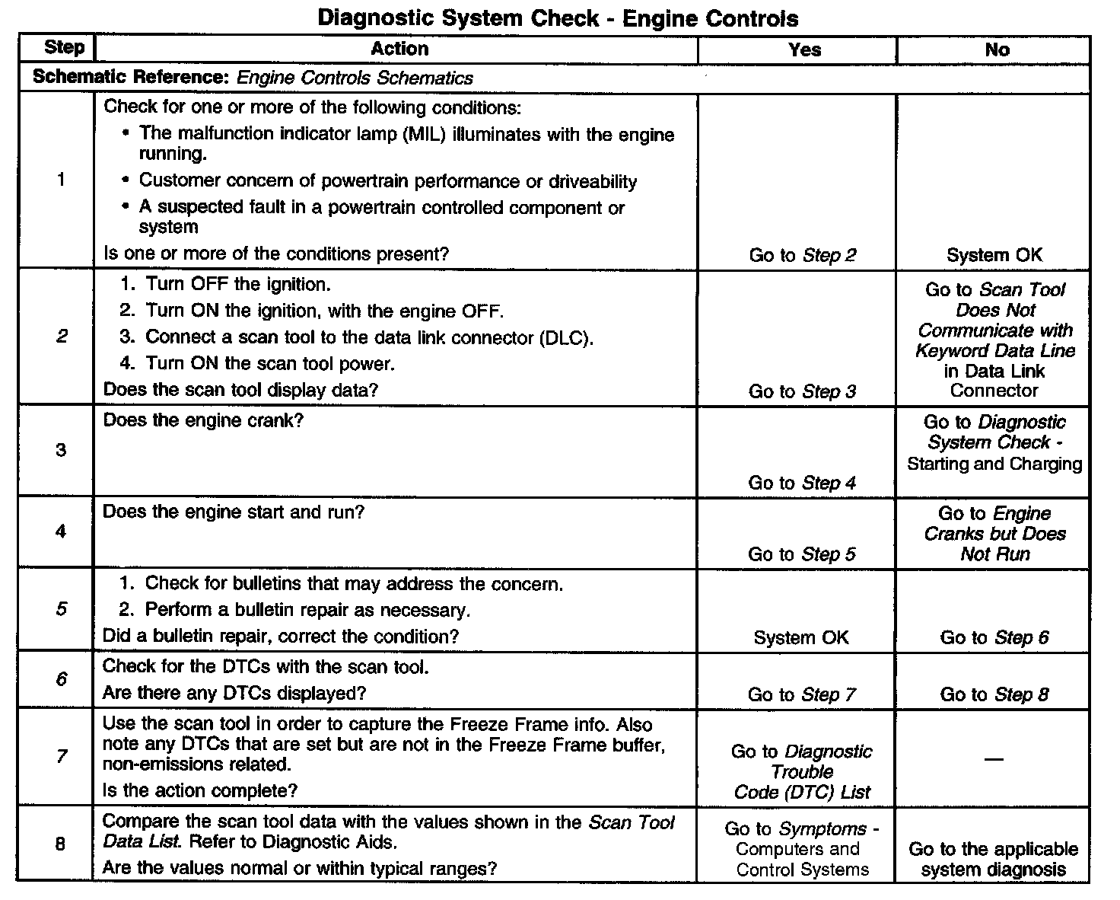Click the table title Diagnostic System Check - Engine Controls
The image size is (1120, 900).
pyautogui.click(x=558, y=18)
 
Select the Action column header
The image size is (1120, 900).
pyautogui.click(x=399, y=49)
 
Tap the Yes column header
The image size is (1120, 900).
pyautogui.click(x=804, y=50)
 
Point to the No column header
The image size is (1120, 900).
pyautogui.click(x=997, y=50)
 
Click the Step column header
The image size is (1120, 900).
pyautogui.click(x=64, y=47)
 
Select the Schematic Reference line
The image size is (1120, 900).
pyautogui.click(x=253, y=78)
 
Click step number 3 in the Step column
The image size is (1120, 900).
pyautogui.click(x=61, y=450)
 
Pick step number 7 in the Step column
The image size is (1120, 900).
pyautogui.click(x=61, y=756)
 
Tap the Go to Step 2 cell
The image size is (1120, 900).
pyautogui.click(x=803, y=256)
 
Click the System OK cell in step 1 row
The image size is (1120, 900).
pyautogui.click(x=994, y=256)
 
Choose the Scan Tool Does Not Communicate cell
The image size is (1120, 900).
pyautogui.click(x=995, y=340)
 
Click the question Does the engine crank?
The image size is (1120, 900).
pyautogui.click(x=203, y=421)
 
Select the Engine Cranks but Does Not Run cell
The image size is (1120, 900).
pyautogui.click(x=995, y=534)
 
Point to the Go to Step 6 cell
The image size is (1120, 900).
pyautogui.click(x=994, y=638)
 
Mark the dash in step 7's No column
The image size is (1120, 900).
pyautogui.click(x=994, y=758)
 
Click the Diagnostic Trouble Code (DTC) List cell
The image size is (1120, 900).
pyautogui.click(x=802, y=771)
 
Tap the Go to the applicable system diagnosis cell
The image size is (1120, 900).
pyautogui.click(x=994, y=859)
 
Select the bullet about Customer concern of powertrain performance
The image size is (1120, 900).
pyautogui.click(x=387, y=181)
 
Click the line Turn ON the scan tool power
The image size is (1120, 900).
pyautogui.click(x=269, y=364)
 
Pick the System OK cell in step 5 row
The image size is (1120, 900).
pyautogui.click(x=801, y=638)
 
